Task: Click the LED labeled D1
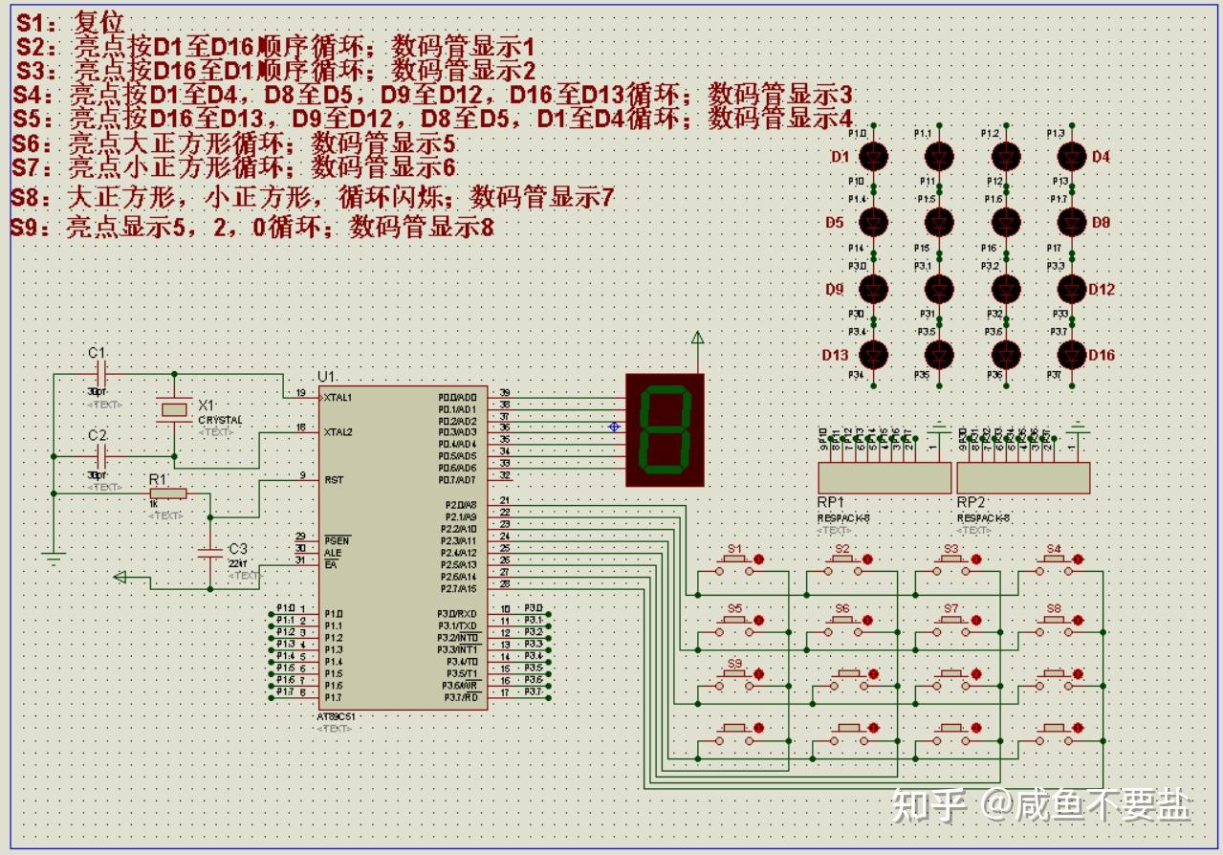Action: (874, 156)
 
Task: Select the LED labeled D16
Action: (1072, 355)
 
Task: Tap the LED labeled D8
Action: (1072, 222)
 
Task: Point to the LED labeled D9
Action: (874, 289)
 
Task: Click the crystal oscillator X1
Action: (174, 410)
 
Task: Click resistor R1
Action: (167, 493)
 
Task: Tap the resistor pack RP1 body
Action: (884, 477)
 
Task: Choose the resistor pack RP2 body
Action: (1023, 477)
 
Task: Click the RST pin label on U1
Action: (334, 479)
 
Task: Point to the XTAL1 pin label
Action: (338, 397)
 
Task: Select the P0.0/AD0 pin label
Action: (457, 397)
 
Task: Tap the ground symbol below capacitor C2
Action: (54, 554)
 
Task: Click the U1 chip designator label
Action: (327, 376)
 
